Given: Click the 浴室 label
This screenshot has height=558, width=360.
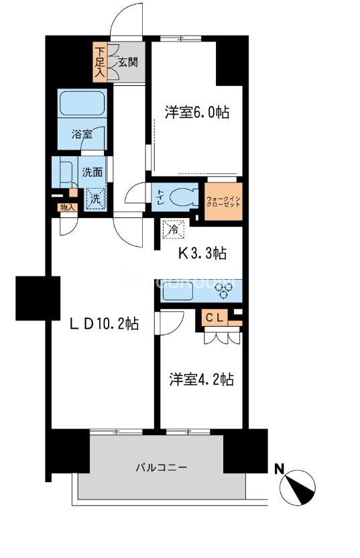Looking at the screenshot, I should (82, 134).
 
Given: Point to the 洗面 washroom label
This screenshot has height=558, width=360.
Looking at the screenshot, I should (92, 172).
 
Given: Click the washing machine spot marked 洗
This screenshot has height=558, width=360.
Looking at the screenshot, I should (95, 199).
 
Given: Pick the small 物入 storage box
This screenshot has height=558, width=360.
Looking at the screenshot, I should (68, 207).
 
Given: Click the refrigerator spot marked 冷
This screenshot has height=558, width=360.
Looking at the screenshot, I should (172, 229).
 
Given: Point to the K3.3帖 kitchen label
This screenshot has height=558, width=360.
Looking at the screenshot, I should (201, 253).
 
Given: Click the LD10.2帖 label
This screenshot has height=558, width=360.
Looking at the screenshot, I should (105, 324).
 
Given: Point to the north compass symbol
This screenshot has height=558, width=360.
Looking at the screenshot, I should (299, 487).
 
